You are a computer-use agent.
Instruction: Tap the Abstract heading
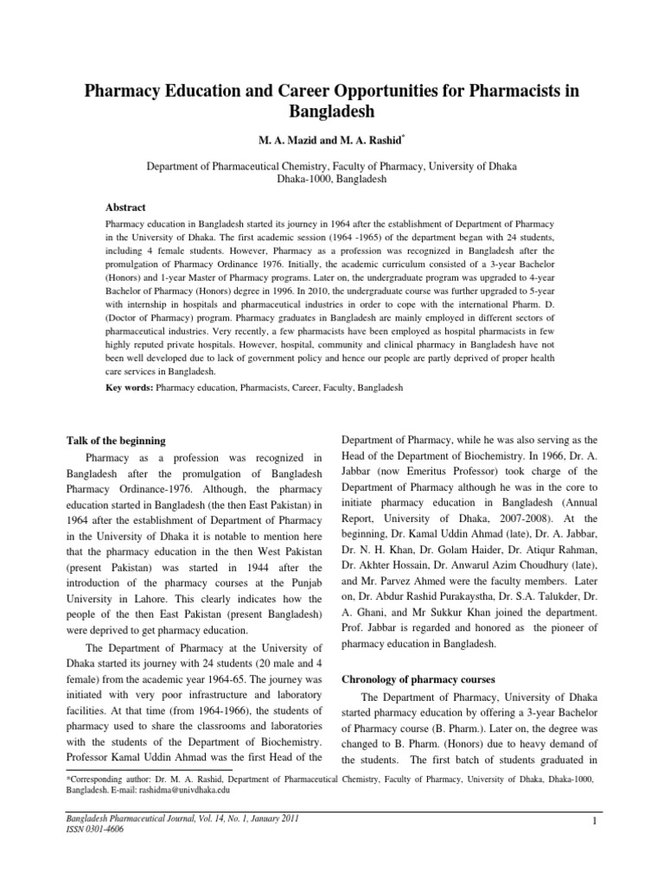pyautogui.click(x=125, y=207)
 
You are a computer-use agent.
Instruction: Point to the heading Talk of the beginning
pyautogui.click(x=116, y=441)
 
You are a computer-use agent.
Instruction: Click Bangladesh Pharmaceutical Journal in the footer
pyautogui.click(x=131, y=838)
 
